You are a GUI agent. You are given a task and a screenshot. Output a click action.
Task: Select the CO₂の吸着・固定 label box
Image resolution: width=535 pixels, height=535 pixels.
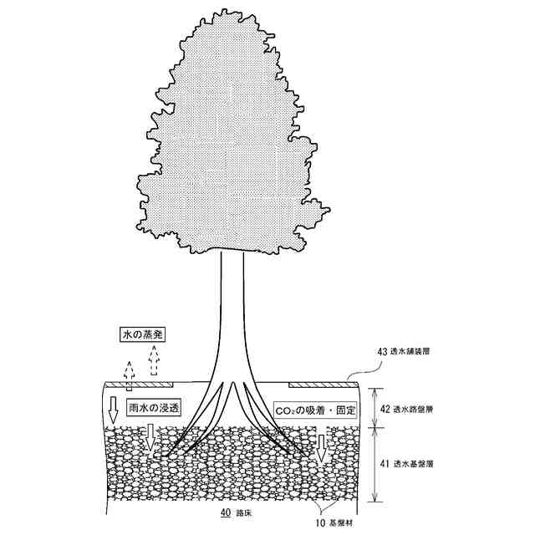tap(316, 411)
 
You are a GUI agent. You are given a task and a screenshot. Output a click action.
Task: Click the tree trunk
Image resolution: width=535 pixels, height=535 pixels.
tap(232, 318)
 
